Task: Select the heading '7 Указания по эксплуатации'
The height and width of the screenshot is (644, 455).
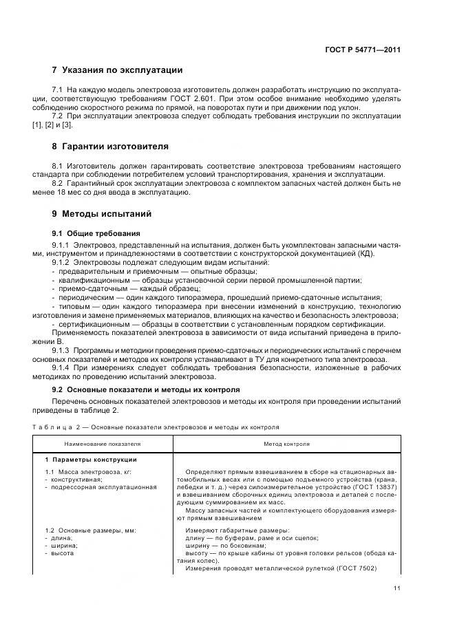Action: click(118, 70)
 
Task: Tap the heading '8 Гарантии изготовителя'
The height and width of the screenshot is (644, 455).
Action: click(111, 147)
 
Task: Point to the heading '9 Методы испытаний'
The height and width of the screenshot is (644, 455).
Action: click(102, 214)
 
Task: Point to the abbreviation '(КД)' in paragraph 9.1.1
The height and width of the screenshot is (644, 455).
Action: click(392, 254)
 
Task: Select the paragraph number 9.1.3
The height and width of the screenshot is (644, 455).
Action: click(63, 350)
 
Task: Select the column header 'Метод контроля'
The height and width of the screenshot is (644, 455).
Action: click(286, 444)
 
